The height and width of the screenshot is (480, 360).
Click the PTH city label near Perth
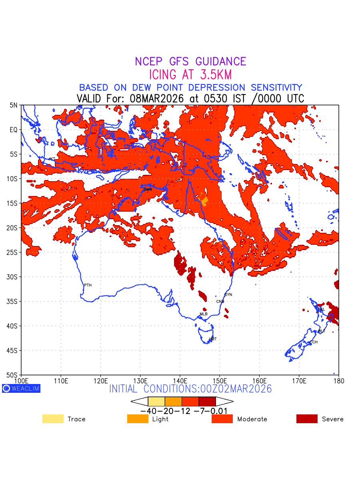pos(88,285)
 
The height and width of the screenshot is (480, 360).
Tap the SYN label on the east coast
pos(228,295)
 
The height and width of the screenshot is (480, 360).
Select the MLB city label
pos(204,314)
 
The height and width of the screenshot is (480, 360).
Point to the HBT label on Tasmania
pos(213,339)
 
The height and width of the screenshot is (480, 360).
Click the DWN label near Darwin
pos(148,189)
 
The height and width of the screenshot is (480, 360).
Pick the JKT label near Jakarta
pos(52,159)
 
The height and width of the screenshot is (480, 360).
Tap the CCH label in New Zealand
pos(314,342)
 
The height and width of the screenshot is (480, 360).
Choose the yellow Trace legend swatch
pos(53,419)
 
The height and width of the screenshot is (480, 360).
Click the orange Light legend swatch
pos(138,419)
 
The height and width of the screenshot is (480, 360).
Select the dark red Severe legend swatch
pos(307,419)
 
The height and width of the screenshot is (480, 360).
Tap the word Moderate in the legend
pos(252,419)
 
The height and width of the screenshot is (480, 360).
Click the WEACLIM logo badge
pos(21,388)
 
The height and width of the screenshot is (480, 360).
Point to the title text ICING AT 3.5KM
pos(190,75)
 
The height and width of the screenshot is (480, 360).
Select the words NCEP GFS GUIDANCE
pos(190,62)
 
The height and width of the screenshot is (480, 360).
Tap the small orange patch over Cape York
pos(204,201)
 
